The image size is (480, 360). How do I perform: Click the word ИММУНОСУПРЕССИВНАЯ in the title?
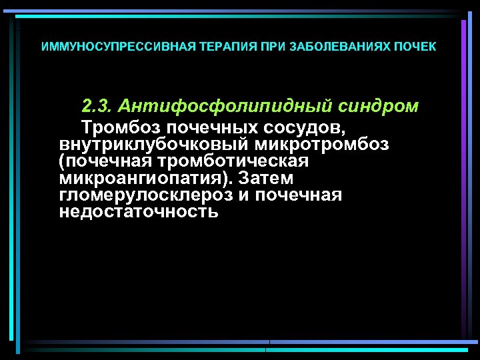pyautogui.click(x=103, y=47)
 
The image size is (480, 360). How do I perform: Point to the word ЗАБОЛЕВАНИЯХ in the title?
pyautogui.click(x=324, y=47)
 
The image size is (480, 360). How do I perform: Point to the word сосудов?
pyautogui.click(x=305, y=127)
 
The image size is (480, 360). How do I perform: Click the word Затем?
pyautogui.click(x=266, y=179)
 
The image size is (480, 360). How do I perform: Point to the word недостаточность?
pyautogui.click(x=139, y=213)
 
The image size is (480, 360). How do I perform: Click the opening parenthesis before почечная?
pyautogui.click(x=62, y=163)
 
